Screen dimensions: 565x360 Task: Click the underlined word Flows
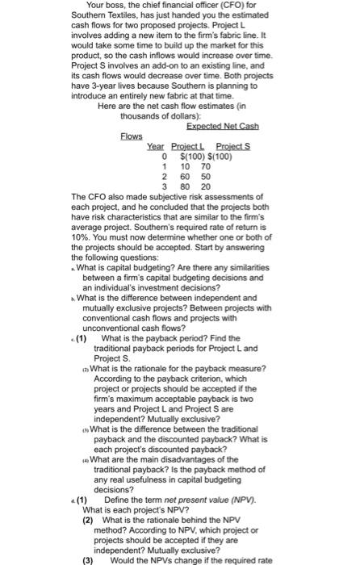pyautogui.click(x=131, y=135)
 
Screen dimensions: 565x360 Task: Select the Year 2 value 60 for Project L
pyautogui.click(x=185, y=176)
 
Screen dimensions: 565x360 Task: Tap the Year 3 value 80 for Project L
pyautogui.click(x=185, y=186)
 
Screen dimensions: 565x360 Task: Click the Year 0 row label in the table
pyautogui.click(x=165, y=156)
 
